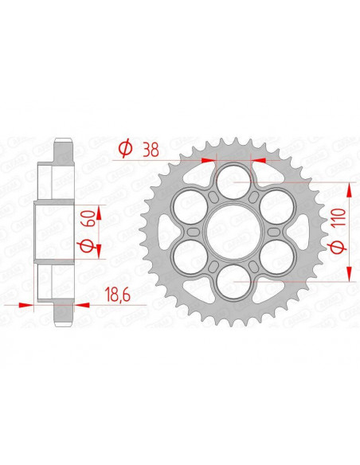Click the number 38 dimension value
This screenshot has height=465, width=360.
pos(148,148)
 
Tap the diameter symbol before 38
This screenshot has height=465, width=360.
pos(124,148)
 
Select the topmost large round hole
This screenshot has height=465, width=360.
pos(233,178)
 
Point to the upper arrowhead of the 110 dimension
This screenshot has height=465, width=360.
pos(349,186)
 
